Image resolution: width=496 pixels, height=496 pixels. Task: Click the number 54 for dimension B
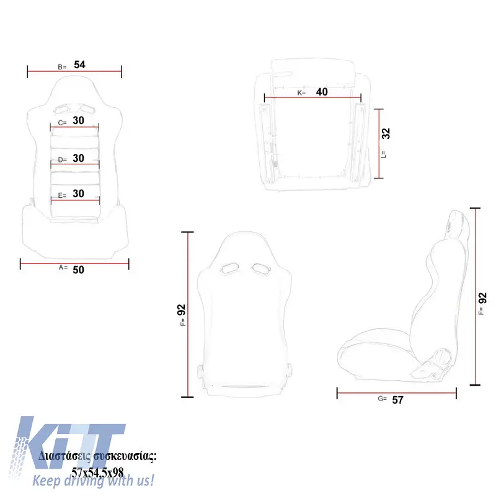[79, 64]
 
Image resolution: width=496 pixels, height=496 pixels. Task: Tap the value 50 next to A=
[79, 270]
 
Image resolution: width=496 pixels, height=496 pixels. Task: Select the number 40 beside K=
[322, 92]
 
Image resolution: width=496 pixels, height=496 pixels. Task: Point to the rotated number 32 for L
[386, 133]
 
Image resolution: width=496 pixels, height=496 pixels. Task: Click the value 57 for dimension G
[397, 400]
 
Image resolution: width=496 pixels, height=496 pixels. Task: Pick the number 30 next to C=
[79, 120]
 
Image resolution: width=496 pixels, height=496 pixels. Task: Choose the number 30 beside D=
[79, 158]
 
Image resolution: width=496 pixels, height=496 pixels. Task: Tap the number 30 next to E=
[79, 193]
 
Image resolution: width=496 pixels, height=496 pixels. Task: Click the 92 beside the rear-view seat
[181, 309]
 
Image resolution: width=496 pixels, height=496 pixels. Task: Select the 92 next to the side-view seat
[482, 298]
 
